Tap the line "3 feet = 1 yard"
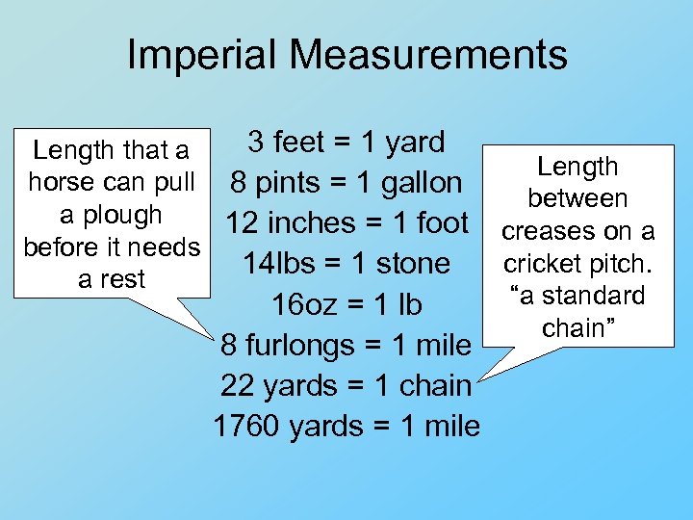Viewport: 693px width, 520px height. (x=346, y=143)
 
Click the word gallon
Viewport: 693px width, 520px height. (x=418, y=183)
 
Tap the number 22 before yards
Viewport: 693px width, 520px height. (x=237, y=385)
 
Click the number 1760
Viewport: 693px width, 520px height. (x=246, y=426)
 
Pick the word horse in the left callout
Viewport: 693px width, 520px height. (x=61, y=182)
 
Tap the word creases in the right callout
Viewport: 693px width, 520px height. (x=542, y=231)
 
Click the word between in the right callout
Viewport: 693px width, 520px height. (x=577, y=198)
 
